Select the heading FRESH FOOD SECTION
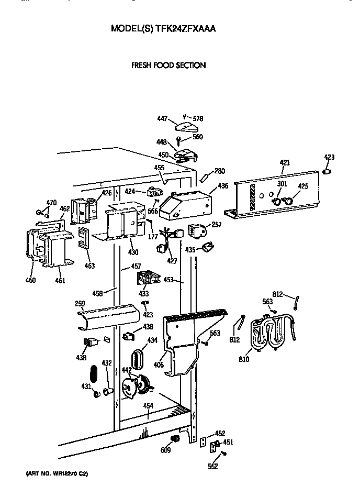(167, 65)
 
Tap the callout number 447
(162, 119)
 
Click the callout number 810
(244, 359)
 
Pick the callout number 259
(80, 303)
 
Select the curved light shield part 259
(110, 316)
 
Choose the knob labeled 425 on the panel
(287, 200)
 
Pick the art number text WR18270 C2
(57, 473)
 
